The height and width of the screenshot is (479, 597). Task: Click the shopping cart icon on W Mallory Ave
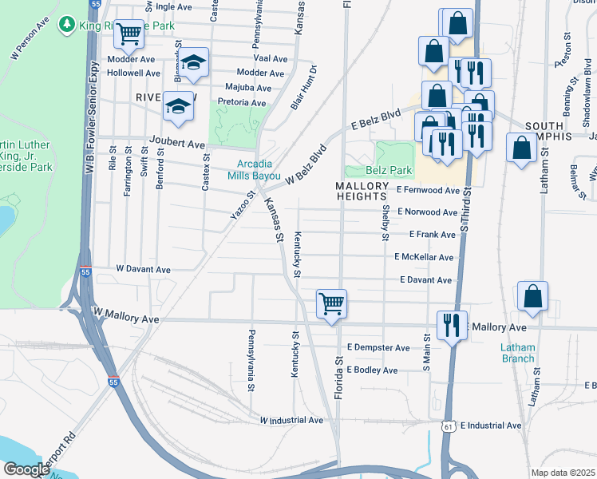click(x=331, y=303)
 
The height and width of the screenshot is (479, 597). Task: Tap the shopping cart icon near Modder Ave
click(x=128, y=34)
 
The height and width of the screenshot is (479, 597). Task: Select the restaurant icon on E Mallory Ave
click(x=452, y=325)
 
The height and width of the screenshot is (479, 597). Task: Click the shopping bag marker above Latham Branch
click(x=532, y=296)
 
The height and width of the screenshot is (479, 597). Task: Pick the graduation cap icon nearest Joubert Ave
click(x=178, y=106)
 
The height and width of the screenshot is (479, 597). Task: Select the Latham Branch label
click(x=517, y=353)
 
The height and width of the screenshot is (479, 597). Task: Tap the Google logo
click(x=26, y=469)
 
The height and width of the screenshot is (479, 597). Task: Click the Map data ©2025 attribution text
click(x=563, y=473)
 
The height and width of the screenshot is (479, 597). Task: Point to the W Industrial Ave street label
click(x=291, y=420)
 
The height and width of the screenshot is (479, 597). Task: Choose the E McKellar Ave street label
click(x=424, y=257)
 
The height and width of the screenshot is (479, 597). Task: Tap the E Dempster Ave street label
click(x=378, y=348)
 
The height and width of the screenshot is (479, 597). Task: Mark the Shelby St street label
click(x=385, y=222)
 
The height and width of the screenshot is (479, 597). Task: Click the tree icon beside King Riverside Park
click(x=69, y=26)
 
